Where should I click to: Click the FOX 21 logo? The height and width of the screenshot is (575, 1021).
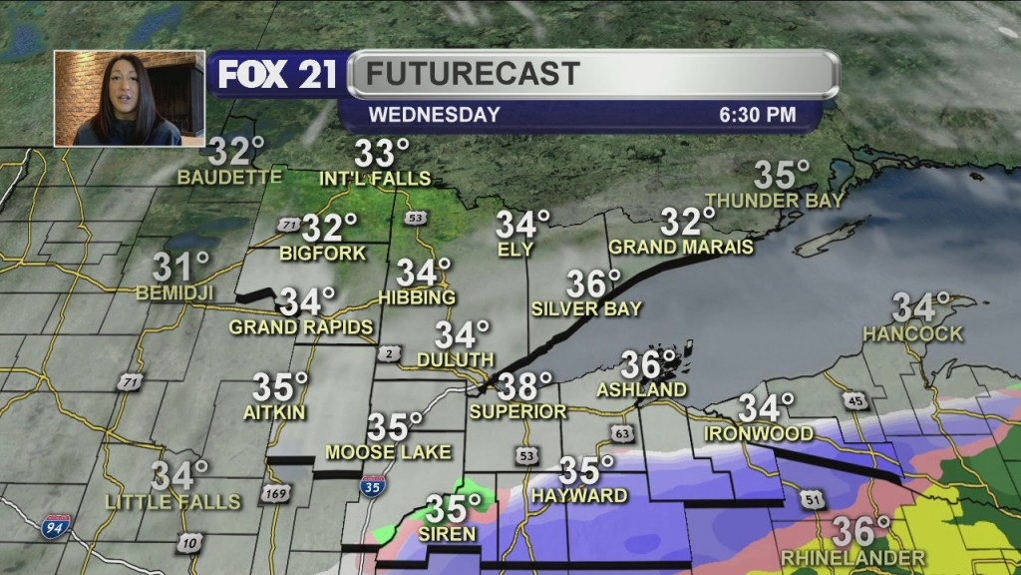[277, 75]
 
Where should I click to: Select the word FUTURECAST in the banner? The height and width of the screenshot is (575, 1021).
[472, 74]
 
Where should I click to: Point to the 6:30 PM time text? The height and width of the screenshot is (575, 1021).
[758, 115]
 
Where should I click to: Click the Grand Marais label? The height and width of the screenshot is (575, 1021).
[681, 247]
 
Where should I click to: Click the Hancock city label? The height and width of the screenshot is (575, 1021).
[913, 333]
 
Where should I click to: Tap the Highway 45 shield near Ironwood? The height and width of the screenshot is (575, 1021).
[852, 401]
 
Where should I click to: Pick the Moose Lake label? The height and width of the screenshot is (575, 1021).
[387, 452]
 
